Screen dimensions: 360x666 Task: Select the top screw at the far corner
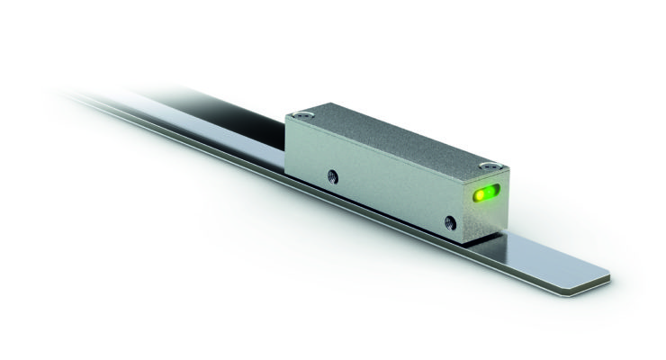303,115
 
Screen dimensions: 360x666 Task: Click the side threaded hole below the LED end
450,220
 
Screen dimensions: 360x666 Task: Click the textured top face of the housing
396,139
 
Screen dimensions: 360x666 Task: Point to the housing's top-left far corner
286,117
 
